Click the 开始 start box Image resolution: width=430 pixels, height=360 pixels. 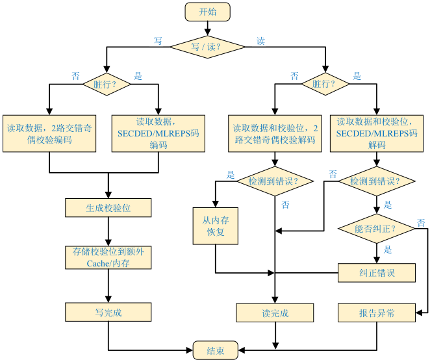point(207,12)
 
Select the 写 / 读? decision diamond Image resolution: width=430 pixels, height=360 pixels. point(207,47)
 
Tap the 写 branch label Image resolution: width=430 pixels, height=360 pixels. point(157,40)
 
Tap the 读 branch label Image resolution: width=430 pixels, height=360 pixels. point(260,41)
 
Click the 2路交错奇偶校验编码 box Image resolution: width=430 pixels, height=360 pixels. point(49,134)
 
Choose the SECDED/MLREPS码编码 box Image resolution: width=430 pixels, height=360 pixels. point(158,134)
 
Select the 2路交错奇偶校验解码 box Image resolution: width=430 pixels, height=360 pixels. point(275,134)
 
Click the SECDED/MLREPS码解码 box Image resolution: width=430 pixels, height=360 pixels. point(377,133)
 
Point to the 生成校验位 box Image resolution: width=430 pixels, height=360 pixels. point(108,208)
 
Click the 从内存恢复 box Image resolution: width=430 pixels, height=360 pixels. point(215,226)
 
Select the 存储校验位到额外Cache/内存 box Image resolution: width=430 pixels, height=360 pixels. point(108,257)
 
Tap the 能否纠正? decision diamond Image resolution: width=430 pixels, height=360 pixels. point(377,229)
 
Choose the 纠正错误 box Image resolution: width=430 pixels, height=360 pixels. point(377,273)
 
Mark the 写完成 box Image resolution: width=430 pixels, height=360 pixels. point(108,313)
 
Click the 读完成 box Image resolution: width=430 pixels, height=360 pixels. point(275,313)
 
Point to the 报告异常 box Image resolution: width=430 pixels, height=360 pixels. point(377,313)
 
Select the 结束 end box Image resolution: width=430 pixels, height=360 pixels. point(216,350)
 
